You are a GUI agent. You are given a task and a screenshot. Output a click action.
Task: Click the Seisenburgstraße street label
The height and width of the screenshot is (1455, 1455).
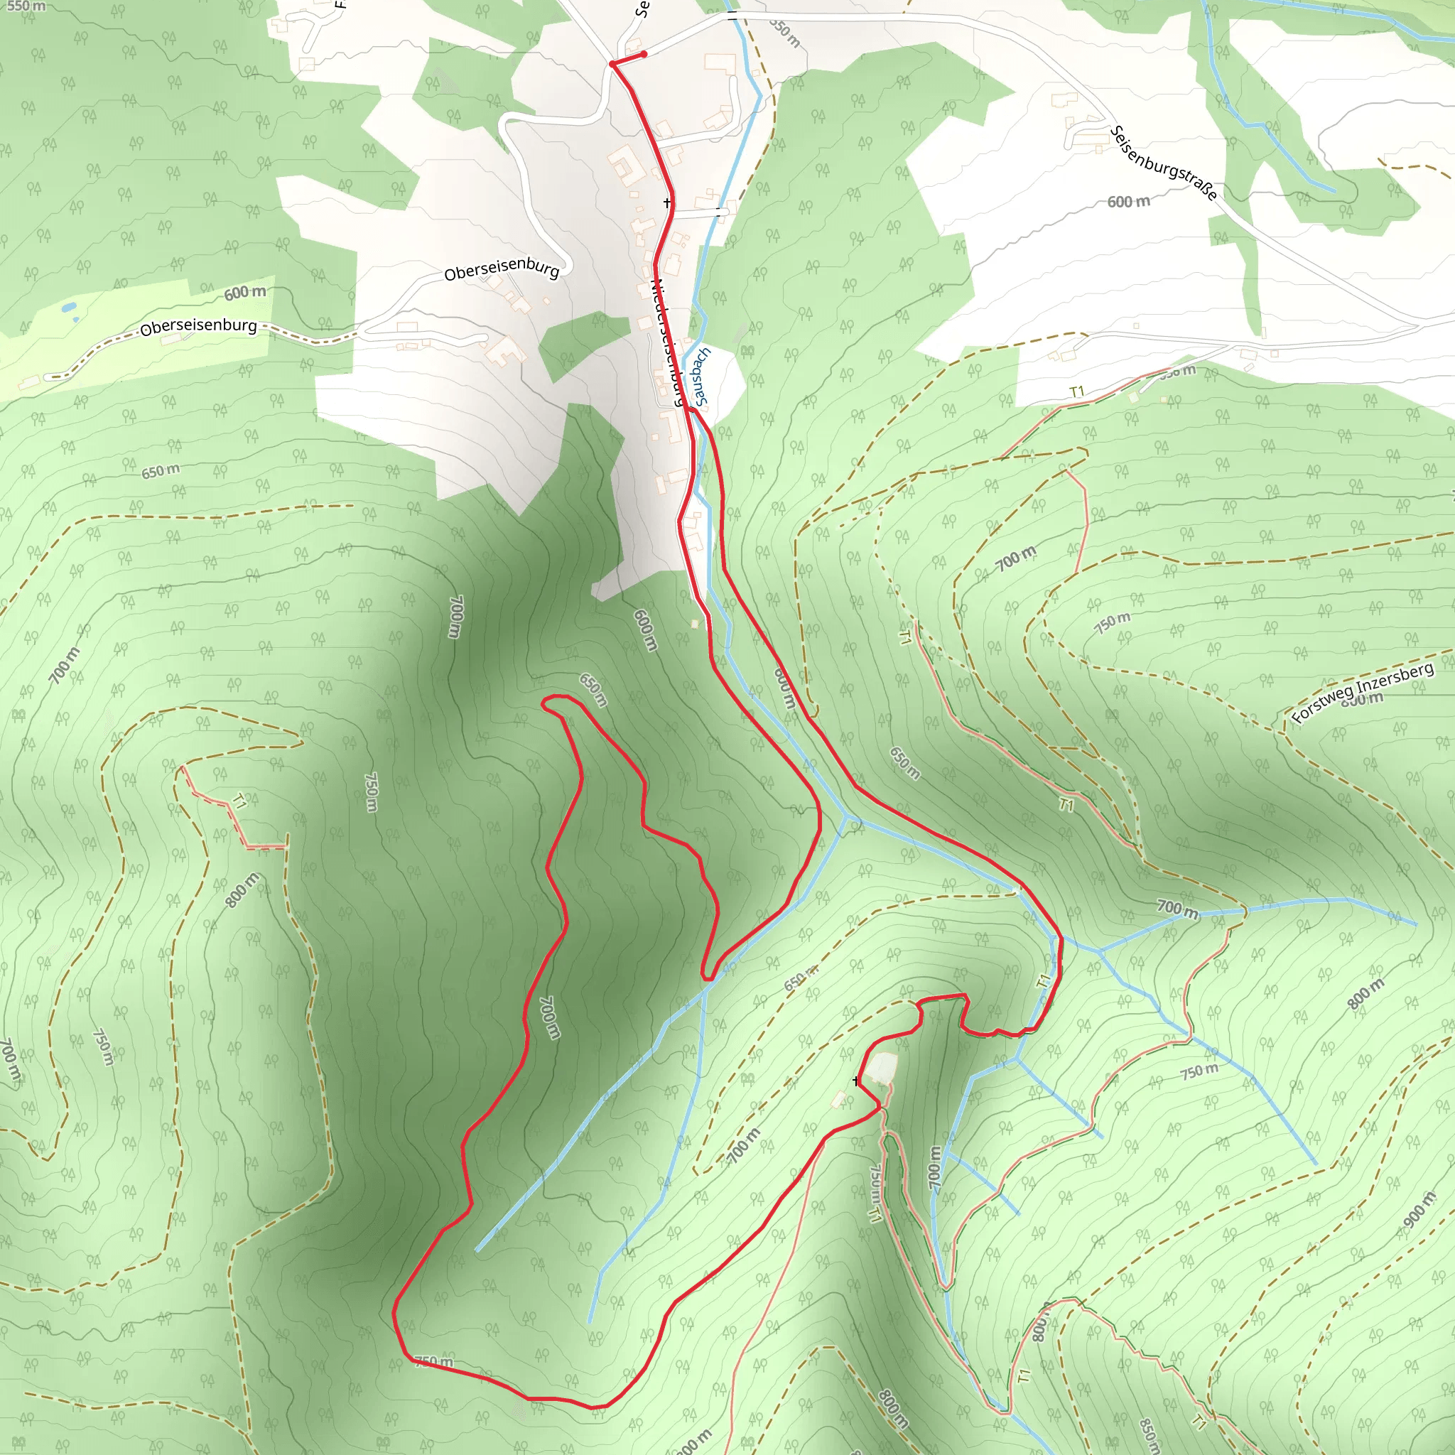(1164, 163)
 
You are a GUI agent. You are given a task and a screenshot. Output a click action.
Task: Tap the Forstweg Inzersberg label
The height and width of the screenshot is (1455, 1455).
(1363, 692)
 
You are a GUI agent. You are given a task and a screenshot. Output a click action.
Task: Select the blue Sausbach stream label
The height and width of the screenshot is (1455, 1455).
(702, 377)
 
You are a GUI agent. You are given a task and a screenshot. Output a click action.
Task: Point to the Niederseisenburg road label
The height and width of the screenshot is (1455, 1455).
(668, 342)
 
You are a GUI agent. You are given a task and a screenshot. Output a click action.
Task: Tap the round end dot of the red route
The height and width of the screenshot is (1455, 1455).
(644, 54)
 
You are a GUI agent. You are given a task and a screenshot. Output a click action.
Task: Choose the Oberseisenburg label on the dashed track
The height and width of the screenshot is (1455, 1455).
(198, 326)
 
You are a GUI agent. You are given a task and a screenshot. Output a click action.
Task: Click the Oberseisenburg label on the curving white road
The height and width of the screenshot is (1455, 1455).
(502, 269)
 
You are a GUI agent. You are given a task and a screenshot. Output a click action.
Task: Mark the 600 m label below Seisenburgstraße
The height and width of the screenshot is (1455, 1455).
(1128, 202)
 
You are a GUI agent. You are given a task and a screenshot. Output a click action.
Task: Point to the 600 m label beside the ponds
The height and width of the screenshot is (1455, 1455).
(245, 292)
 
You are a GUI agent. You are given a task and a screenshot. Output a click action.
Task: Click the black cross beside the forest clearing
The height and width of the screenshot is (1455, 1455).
(855, 1081)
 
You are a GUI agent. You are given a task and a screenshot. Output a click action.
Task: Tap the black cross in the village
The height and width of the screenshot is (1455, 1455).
(667, 202)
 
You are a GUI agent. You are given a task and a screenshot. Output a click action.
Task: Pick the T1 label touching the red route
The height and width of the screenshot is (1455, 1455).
(1043, 980)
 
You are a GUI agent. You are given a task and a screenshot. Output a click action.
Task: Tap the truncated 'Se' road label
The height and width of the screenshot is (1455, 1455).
(641, 9)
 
